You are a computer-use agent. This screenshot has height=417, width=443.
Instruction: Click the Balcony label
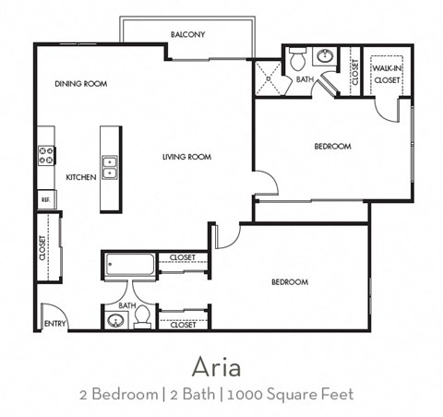coord(187,35)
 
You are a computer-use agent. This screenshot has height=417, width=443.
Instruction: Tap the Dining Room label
coord(81,84)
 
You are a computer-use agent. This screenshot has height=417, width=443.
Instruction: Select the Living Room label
coord(187,157)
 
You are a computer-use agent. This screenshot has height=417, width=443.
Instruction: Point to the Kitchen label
coord(81,177)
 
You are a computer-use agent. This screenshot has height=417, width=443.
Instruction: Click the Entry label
coord(54,324)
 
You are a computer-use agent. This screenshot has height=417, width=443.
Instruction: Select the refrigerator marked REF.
coord(45,198)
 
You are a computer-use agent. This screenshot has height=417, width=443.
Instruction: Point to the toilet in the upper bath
coord(297,59)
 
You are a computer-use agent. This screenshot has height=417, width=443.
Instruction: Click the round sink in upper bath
coord(326,57)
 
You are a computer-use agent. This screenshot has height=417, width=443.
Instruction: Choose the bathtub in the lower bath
coord(129,265)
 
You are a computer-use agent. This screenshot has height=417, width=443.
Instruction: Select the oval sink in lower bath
coord(115,321)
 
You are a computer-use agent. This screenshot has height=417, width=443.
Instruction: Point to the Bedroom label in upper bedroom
coord(332,147)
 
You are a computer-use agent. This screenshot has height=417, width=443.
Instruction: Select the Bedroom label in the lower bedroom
coord(289,281)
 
